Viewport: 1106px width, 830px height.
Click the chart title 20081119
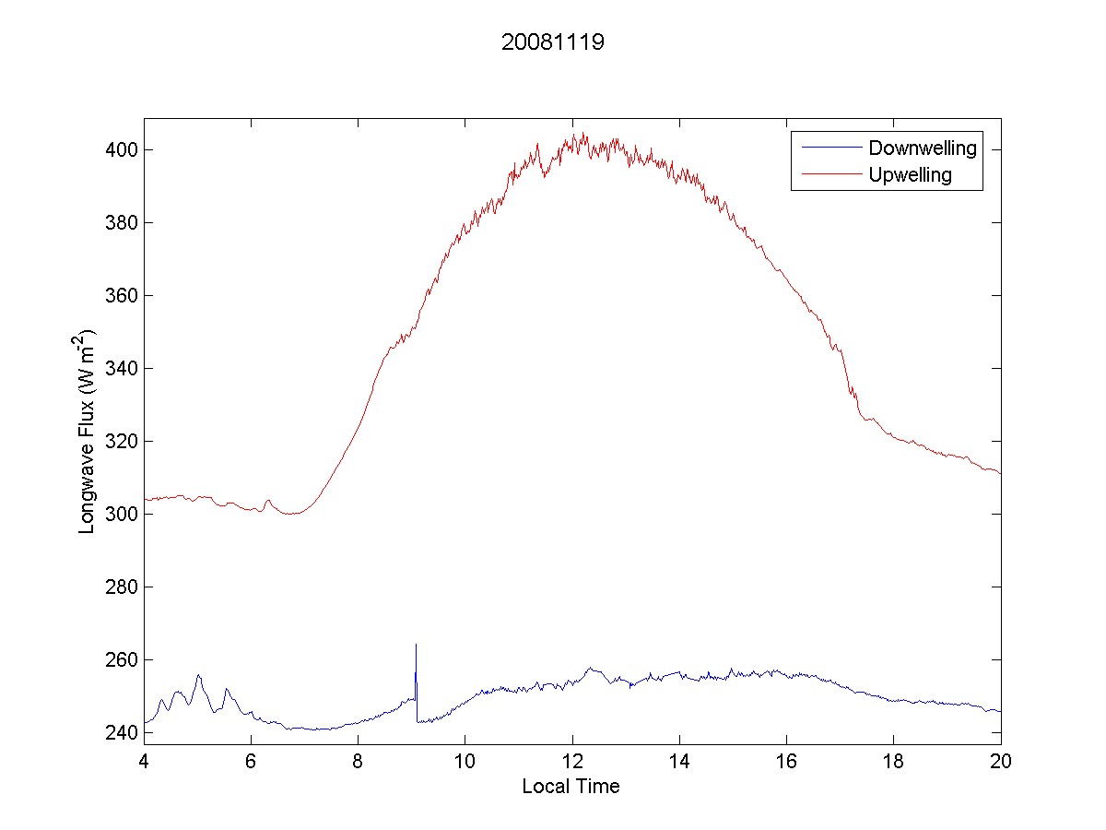(x=552, y=42)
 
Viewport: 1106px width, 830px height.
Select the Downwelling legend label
(x=922, y=148)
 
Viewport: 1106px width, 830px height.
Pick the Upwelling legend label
(x=910, y=174)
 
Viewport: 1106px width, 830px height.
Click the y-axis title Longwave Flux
(x=88, y=431)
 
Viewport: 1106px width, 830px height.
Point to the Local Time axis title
(x=571, y=787)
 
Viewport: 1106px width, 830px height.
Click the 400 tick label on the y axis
(x=119, y=149)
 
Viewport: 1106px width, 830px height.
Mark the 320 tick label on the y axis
(x=119, y=441)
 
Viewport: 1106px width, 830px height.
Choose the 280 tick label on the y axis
(x=119, y=587)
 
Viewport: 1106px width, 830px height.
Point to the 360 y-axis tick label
(x=119, y=295)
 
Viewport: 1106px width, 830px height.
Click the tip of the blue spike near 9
(x=416, y=645)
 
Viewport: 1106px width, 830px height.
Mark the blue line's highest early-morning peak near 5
(x=198, y=675)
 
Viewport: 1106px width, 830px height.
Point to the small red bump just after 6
(x=268, y=501)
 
